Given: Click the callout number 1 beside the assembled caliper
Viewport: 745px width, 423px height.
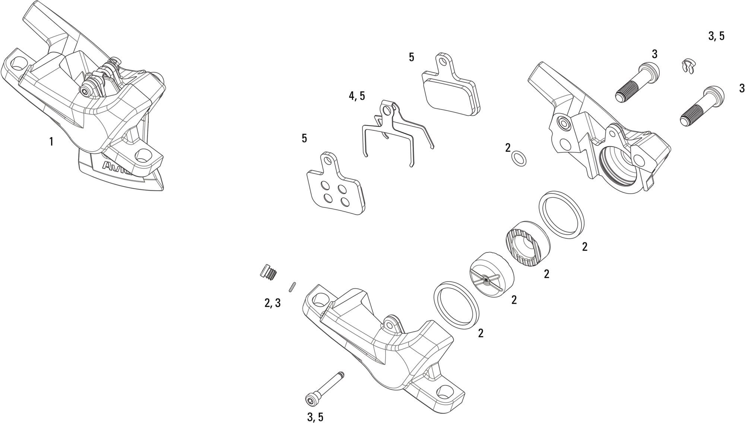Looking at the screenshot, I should tap(51, 142).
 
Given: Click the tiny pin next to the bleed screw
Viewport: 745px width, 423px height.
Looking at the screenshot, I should tap(292, 287).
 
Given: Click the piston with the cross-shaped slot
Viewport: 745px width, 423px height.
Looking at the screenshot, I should tap(492, 272).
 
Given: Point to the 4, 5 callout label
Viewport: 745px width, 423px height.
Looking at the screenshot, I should tap(357, 96).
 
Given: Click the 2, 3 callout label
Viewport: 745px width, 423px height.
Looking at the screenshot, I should tap(273, 303).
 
